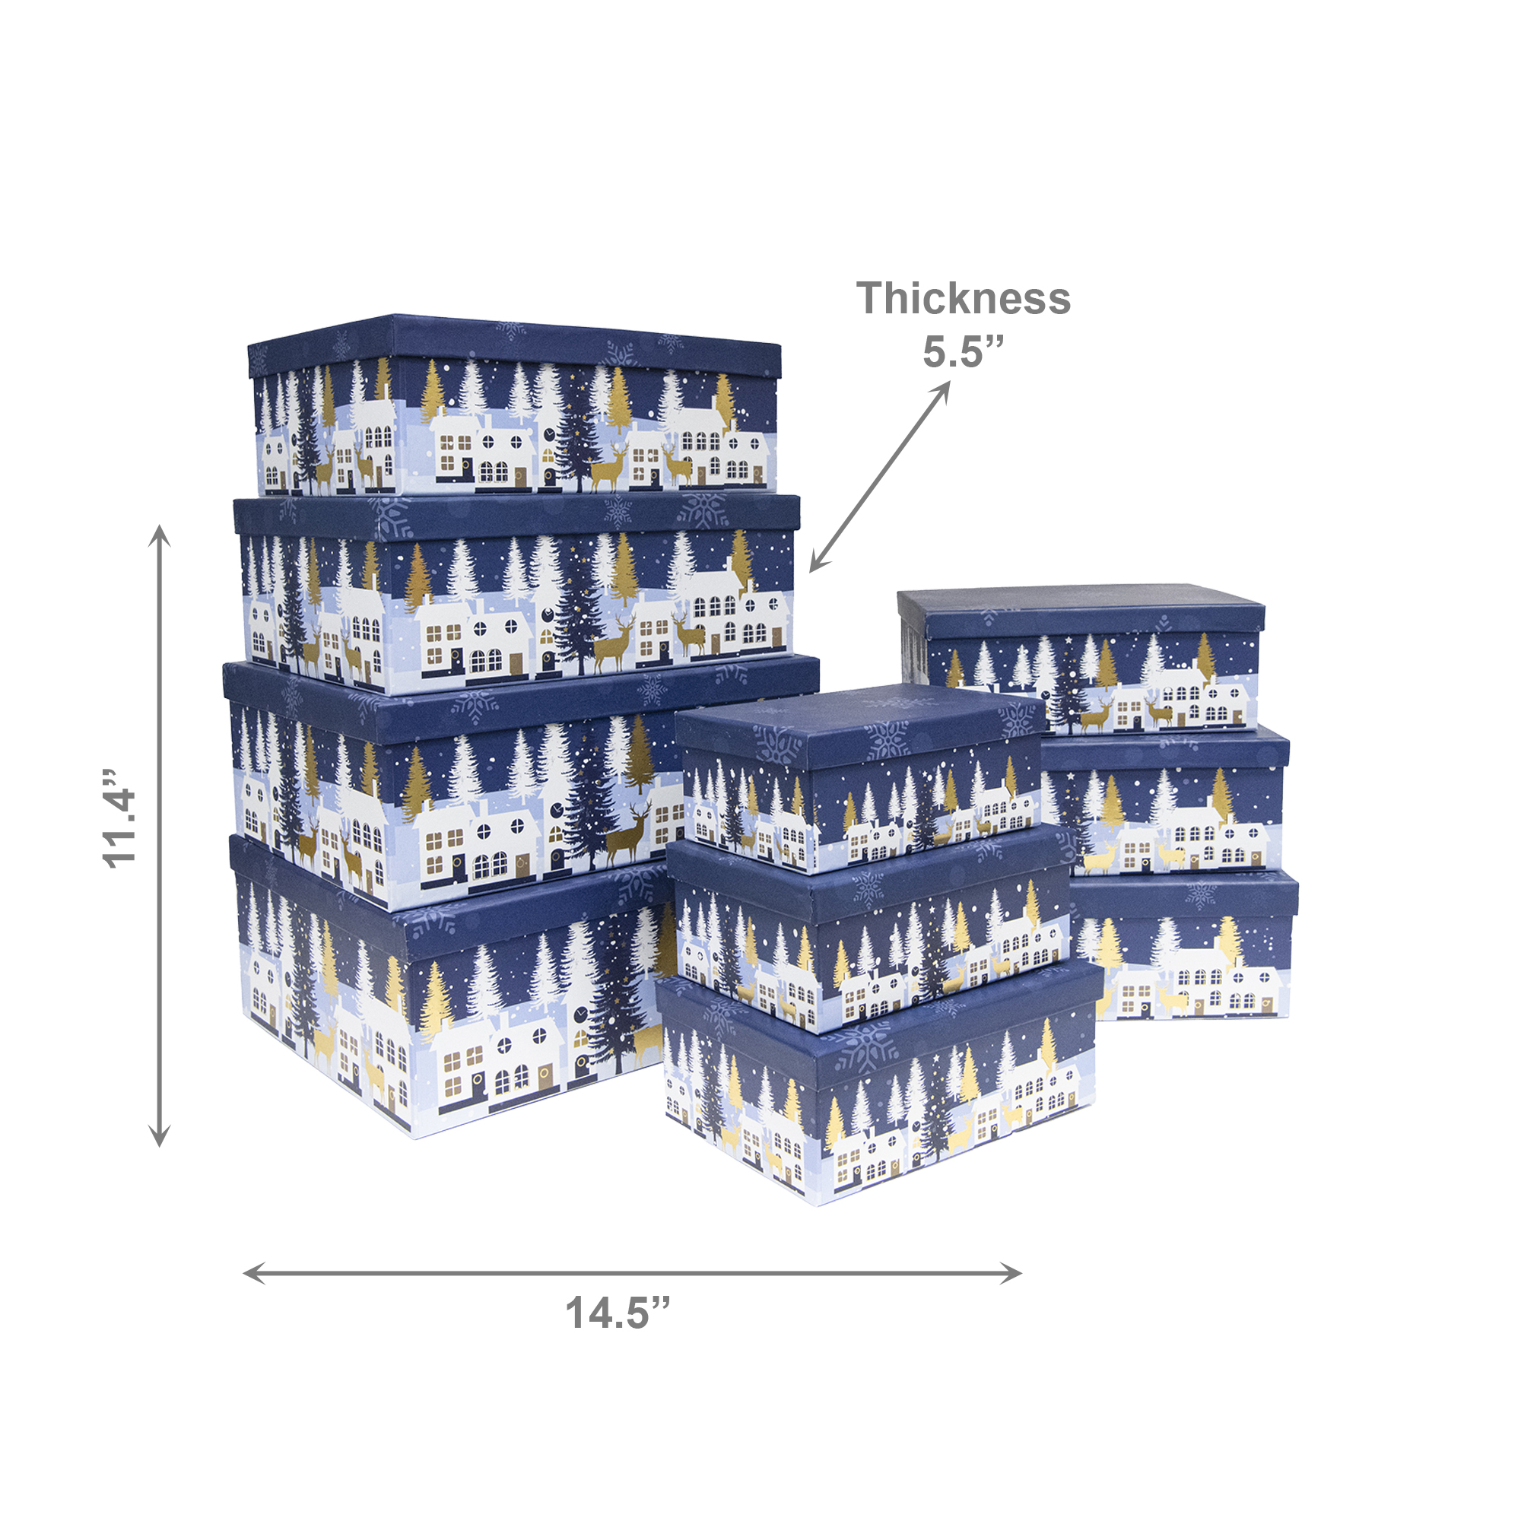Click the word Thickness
pyautogui.click(x=964, y=299)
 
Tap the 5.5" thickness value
pyautogui.click(x=964, y=351)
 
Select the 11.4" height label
pyautogui.click(x=121, y=819)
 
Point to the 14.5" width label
pyautogui.click(x=618, y=1313)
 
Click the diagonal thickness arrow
pyautogui.click(x=880, y=476)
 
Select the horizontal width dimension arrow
pyautogui.click(x=632, y=1273)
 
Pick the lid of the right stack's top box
pyautogui.click(x=1081, y=614)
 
